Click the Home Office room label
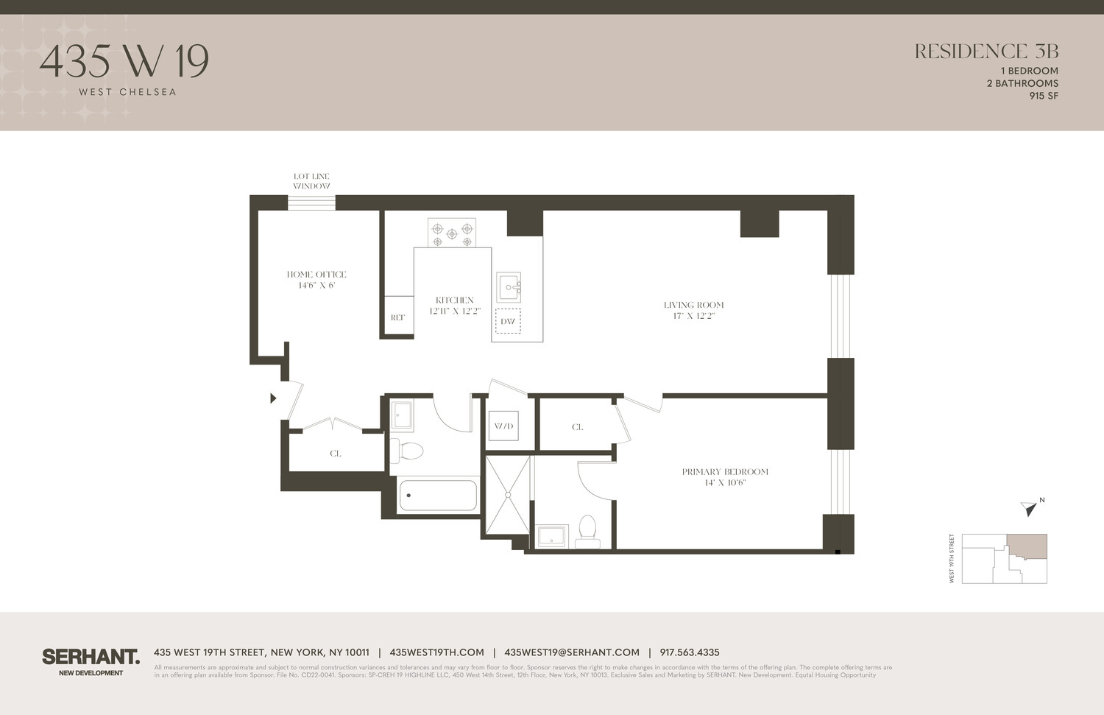pyautogui.click(x=316, y=275)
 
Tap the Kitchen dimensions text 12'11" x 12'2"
pyautogui.click(x=455, y=311)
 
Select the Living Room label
pyautogui.click(x=693, y=305)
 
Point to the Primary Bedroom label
pyautogui.click(x=725, y=472)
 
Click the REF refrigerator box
pyautogui.click(x=398, y=317)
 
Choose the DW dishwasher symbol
pyautogui.click(x=508, y=321)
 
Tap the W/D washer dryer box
pyautogui.click(x=504, y=426)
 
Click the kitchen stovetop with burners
pyautogui.click(x=452, y=233)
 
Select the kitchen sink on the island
pyautogui.click(x=509, y=287)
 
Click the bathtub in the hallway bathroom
pyautogui.click(x=438, y=496)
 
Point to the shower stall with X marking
pyautogui.click(x=507, y=495)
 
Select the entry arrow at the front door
pyautogui.click(x=273, y=398)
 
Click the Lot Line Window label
pyautogui.click(x=311, y=181)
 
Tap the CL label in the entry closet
pyautogui.click(x=336, y=454)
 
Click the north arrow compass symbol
pyautogui.click(x=1030, y=507)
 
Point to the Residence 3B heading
pyautogui.click(x=986, y=52)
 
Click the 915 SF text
pyautogui.click(x=1044, y=96)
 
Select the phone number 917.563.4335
pyautogui.click(x=690, y=652)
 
